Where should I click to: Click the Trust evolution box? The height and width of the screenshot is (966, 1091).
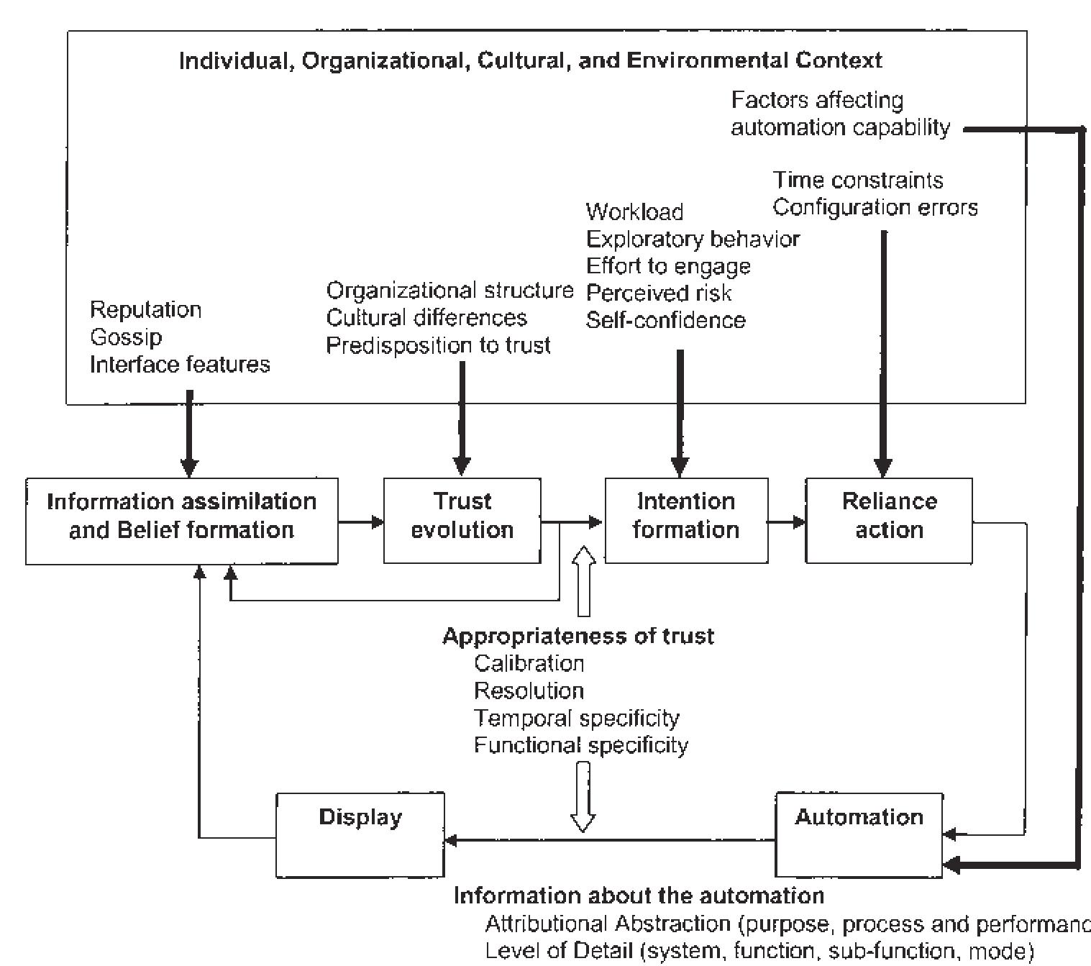(x=462, y=520)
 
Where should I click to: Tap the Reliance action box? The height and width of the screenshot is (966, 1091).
(x=888, y=520)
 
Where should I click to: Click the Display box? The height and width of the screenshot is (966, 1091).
(x=360, y=834)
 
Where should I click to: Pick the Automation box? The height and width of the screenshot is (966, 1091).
(x=859, y=834)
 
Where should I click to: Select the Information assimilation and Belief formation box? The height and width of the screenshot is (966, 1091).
(x=181, y=520)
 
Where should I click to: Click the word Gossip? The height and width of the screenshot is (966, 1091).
(x=126, y=337)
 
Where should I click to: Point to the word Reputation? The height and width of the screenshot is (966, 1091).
(x=145, y=310)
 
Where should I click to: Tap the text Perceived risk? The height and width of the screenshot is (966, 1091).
(x=659, y=293)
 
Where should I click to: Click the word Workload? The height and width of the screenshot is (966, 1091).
(x=634, y=211)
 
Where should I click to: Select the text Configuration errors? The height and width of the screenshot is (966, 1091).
(x=875, y=208)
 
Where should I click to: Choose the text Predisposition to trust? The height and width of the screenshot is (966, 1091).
(x=438, y=346)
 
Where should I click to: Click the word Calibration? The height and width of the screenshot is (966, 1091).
(x=529, y=663)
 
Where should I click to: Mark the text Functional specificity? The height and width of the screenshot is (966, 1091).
(x=580, y=745)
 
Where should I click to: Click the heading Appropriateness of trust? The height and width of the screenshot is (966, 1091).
(x=578, y=636)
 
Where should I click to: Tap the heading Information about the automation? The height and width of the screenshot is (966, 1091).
(x=639, y=896)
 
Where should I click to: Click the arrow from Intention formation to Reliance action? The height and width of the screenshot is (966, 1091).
(x=786, y=521)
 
